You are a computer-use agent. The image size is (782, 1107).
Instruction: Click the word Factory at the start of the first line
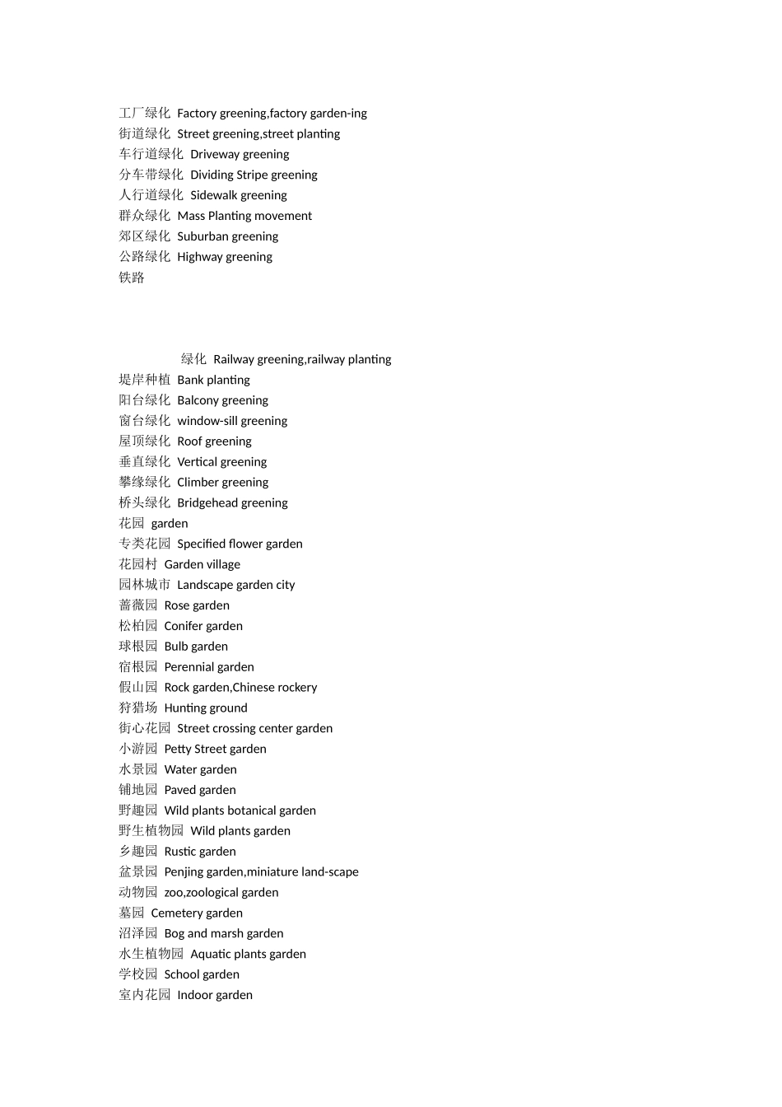pos(197,114)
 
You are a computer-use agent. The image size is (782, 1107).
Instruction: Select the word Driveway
pos(216,155)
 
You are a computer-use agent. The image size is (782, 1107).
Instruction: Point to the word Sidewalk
pos(213,195)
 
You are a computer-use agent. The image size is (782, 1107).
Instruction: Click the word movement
pos(285,216)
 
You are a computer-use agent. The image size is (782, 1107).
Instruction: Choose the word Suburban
pos(202,236)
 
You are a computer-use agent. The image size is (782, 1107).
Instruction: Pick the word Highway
pos(200,257)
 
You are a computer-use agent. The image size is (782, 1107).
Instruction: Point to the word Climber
pos(198,483)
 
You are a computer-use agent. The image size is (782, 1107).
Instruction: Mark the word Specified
pos(202,544)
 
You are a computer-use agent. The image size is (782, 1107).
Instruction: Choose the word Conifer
pos(184,626)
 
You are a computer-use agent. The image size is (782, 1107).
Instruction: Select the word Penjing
pos(184,871)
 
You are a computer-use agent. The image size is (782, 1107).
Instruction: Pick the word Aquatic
pos(212,954)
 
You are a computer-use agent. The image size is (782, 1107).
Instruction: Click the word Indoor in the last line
pos(195,995)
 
